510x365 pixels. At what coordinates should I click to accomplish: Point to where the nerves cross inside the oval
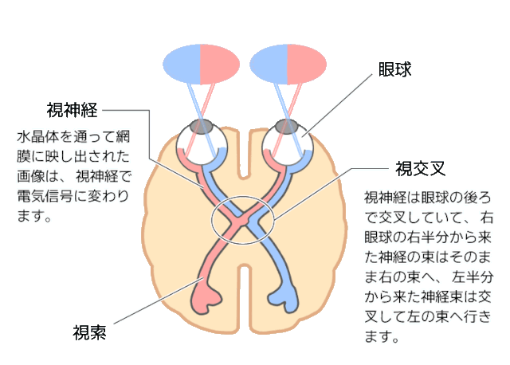point(243,218)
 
